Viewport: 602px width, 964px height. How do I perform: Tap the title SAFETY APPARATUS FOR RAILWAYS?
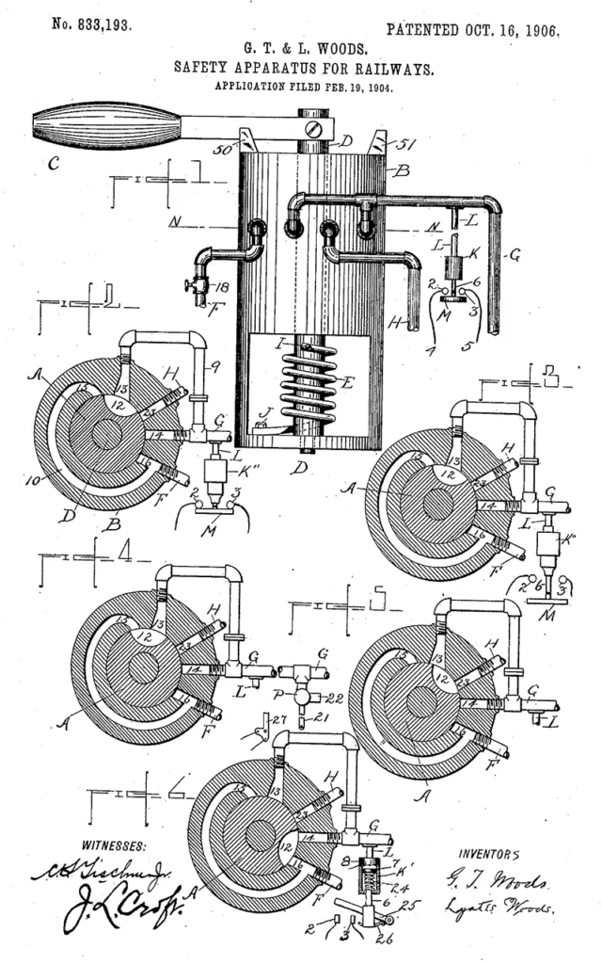click(x=303, y=68)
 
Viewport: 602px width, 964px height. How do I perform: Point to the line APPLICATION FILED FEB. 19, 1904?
click(x=303, y=88)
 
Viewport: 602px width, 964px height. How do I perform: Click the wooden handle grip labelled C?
click(x=103, y=126)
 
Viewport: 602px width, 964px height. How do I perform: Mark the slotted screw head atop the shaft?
click(x=314, y=122)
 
